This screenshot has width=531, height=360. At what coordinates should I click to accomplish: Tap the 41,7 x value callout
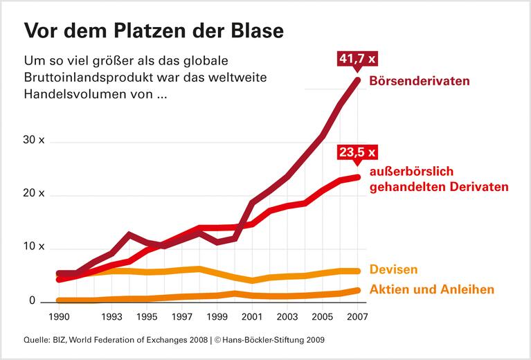pos(358,58)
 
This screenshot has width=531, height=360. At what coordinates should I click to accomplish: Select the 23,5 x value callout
pos(358,152)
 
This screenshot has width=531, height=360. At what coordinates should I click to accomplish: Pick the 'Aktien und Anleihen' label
pos(433,289)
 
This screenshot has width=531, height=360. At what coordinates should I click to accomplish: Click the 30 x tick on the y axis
pos(33,141)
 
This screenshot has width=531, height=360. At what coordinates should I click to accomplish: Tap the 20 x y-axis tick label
pos(33,194)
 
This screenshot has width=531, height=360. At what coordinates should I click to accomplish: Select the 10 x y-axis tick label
pos(33,247)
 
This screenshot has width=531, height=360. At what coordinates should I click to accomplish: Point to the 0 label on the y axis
pos(32,300)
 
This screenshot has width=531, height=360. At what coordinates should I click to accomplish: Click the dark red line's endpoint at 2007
pos(358,80)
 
